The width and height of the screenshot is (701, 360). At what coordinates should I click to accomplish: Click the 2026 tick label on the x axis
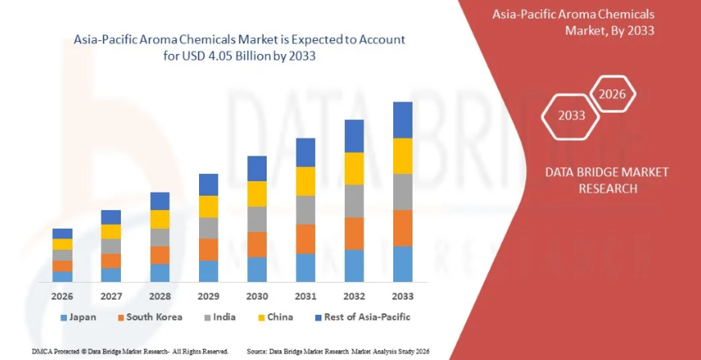coord(62,296)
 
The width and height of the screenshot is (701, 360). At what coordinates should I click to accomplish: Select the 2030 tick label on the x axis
coord(257,296)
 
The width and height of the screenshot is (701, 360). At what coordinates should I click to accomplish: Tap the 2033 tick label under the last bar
coord(403,296)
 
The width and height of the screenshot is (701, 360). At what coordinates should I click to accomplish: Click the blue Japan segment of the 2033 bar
coord(403,263)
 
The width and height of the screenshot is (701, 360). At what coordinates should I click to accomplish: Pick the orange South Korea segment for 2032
coord(355,233)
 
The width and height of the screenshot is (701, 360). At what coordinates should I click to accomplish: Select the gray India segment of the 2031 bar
coord(305,209)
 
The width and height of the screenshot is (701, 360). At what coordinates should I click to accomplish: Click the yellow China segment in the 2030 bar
coord(257,193)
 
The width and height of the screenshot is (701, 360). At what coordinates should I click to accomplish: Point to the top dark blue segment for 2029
coord(209,184)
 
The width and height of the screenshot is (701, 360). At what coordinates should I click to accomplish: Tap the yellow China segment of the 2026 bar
coord(62,244)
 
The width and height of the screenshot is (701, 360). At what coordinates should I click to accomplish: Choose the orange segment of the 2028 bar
coord(160,254)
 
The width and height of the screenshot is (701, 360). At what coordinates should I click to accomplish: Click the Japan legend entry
coord(78,317)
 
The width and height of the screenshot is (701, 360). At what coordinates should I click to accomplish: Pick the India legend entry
coord(219,317)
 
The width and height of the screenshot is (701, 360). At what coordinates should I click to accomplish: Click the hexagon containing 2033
coord(571,115)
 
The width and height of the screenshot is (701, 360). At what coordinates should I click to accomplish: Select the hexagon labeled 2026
coord(612,94)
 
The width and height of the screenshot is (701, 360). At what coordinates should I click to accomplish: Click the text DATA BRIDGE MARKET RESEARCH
coord(595,180)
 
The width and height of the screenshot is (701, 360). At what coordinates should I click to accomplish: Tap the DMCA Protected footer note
coord(130,352)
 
